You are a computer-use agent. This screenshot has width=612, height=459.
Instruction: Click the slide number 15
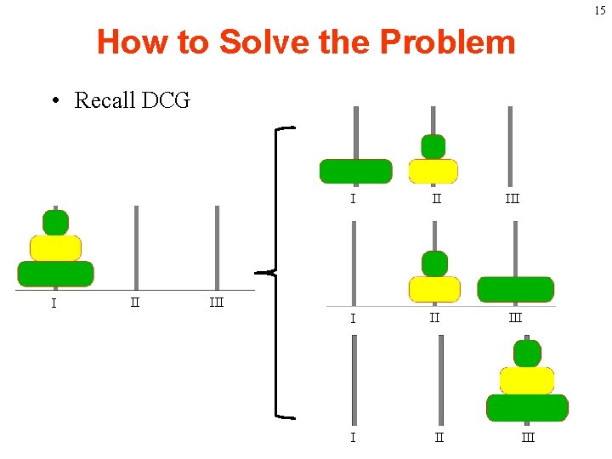tap(600, 10)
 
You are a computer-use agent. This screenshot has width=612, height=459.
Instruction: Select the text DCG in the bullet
tap(166, 100)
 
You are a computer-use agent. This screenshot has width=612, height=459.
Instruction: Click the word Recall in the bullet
tap(105, 100)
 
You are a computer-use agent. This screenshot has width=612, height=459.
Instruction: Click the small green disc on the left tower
tap(55, 223)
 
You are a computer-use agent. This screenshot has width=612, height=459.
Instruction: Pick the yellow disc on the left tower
tap(55, 247)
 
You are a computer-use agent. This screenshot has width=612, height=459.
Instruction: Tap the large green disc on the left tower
tap(55, 273)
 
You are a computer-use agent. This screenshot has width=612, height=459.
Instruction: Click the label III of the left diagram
tap(217, 301)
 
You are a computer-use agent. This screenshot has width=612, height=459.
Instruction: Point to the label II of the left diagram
tap(134, 300)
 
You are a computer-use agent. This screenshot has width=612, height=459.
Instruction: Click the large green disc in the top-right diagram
tap(355, 171)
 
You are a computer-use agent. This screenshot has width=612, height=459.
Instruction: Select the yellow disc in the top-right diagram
tap(433, 171)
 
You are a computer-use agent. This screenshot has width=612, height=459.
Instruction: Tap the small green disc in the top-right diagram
tap(433, 146)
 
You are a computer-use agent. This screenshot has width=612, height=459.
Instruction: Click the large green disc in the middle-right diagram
tap(515, 289)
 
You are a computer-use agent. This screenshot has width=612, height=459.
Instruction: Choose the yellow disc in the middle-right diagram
tap(433, 289)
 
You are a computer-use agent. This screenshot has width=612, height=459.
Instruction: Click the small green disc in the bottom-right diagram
tap(527, 353)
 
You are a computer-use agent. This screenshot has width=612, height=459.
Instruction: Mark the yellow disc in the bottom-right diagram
tap(527, 380)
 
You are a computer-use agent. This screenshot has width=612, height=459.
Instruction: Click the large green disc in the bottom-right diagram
tap(527, 407)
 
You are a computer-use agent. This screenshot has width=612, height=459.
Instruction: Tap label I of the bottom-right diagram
tap(352, 438)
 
